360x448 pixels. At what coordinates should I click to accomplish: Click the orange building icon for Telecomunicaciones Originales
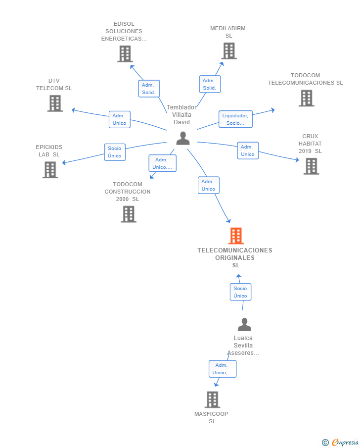click(236, 236)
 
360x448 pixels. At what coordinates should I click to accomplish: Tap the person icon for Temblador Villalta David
click(183, 139)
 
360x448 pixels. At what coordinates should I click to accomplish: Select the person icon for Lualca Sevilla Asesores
click(244, 325)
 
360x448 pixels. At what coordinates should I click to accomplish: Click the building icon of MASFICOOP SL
click(212, 399)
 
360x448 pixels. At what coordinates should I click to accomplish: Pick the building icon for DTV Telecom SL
click(55, 103)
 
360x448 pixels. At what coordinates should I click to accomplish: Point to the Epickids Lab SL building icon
click(50, 170)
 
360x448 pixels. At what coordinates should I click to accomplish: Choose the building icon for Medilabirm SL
click(228, 51)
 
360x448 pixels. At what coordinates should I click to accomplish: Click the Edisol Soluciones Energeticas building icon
click(125, 54)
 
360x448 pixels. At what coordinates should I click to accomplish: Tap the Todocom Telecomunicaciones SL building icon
click(306, 99)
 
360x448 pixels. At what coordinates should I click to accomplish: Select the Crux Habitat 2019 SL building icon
click(311, 166)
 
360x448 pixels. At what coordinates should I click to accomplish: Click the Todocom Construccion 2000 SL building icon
click(129, 214)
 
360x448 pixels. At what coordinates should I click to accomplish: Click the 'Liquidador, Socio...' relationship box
click(236, 119)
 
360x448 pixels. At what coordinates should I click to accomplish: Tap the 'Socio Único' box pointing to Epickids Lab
click(115, 152)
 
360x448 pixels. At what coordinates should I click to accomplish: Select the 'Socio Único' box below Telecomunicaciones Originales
click(240, 292)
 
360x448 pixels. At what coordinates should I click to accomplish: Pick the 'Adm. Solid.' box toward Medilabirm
click(210, 84)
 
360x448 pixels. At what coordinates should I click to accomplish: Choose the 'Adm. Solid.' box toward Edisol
click(148, 89)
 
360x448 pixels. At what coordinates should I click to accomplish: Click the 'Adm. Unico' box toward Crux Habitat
click(247, 150)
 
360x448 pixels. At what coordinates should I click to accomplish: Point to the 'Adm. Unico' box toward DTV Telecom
click(119, 119)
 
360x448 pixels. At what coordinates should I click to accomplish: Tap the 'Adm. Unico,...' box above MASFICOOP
click(222, 369)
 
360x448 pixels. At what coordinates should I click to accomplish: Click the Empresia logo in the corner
click(341, 442)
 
